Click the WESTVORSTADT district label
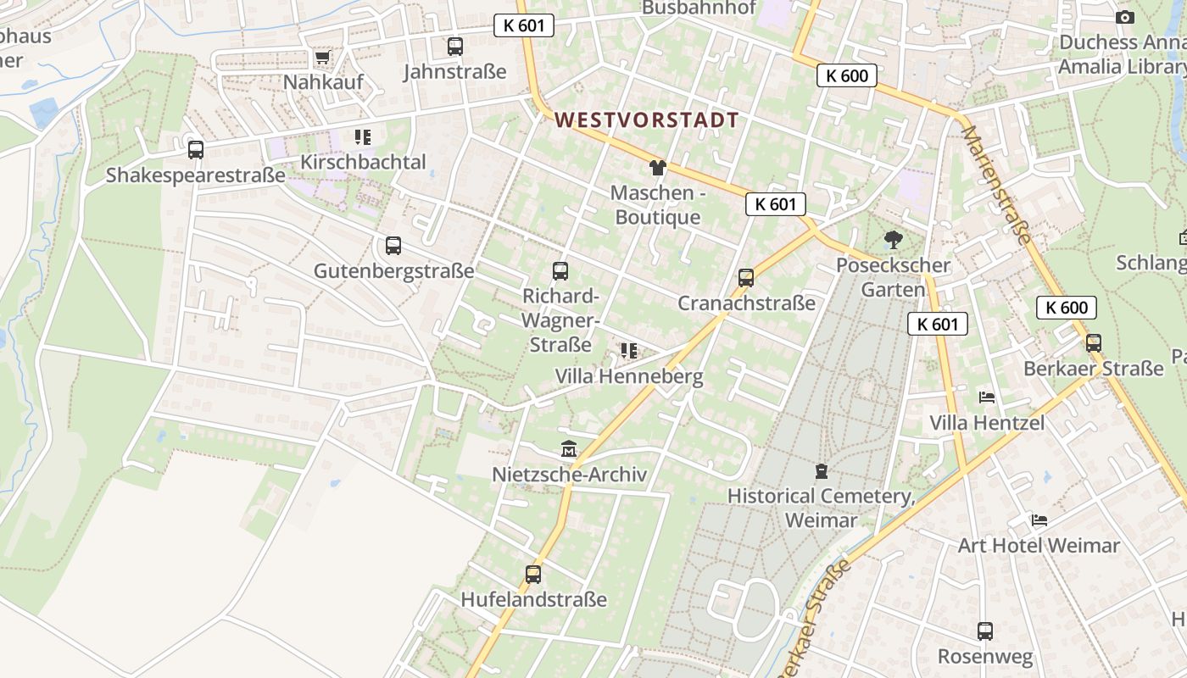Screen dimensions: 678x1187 pyautogui.click(x=647, y=120)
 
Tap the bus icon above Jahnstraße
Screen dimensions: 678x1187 pyautogui.click(x=455, y=47)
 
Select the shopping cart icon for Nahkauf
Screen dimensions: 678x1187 pyautogui.click(x=322, y=58)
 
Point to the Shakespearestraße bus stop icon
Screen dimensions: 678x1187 pyautogui.click(x=196, y=150)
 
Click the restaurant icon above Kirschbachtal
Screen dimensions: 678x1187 pyautogui.click(x=363, y=137)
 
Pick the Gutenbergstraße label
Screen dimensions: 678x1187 pyautogui.click(x=393, y=271)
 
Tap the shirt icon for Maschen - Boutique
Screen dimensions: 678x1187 pyautogui.click(x=658, y=167)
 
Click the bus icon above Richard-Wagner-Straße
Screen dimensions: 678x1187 pyautogui.click(x=560, y=271)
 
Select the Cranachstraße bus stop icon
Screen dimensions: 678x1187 pyautogui.click(x=746, y=277)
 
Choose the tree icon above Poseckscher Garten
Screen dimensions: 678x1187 pyautogui.click(x=893, y=240)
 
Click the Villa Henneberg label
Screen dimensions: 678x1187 pyautogui.click(x=629, y=376)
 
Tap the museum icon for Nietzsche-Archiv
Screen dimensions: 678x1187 pyautogui.click(x=569, y=448)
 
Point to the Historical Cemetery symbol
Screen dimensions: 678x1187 pyautogui.click(x=821, y=470)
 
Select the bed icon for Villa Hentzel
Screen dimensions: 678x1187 pyautogui.click(x=987, y=397)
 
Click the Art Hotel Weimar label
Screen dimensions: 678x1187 pyautogui.click(x=1039, y=545)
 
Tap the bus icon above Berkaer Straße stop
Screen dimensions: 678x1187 pyautogui.click(x=1094, y=343)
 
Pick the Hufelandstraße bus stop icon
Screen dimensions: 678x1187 pyautogui.click(x=533, y=574)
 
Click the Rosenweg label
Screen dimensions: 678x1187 pyautogui.click(x=985, y=657)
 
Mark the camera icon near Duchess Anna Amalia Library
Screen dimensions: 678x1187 pyautogui.click(x=1124, y=17)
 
